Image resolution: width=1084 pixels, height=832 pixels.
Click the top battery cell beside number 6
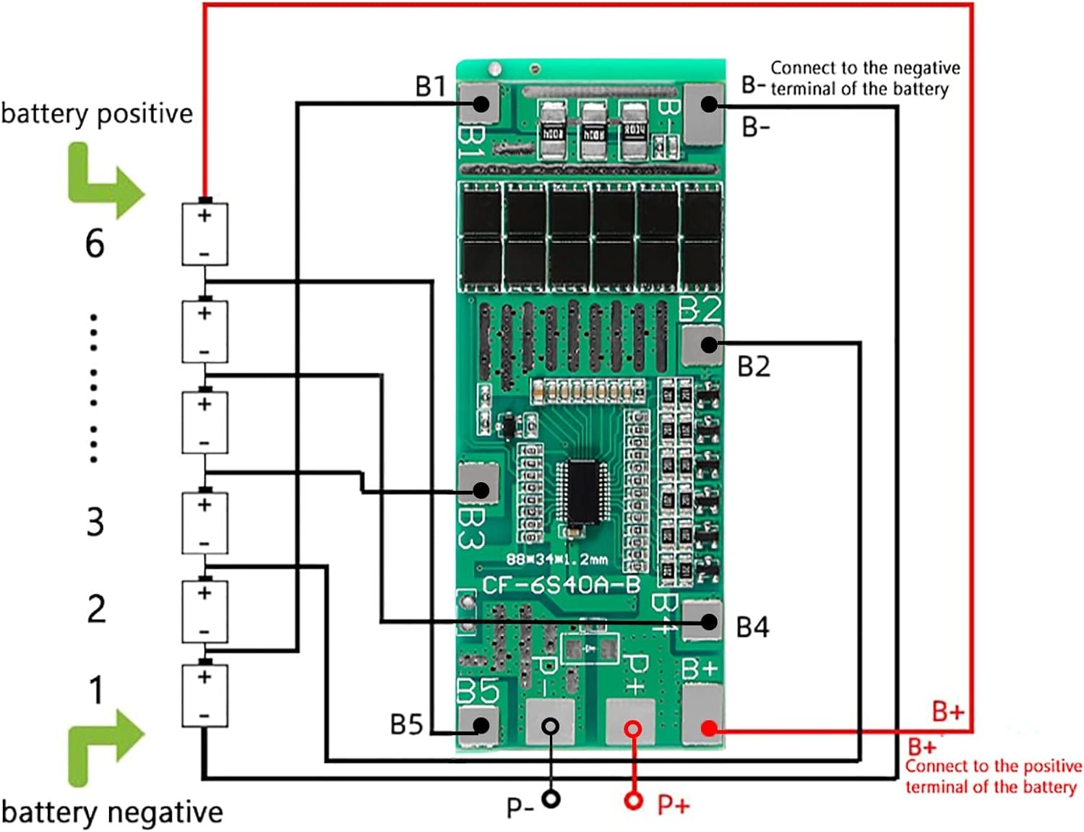pyautogui.click(x=205, y=234)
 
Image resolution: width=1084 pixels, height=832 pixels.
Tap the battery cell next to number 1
pyautogui.click(x=205, y=695)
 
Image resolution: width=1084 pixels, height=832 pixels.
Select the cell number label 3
pyautogui.click(x=95, y=521)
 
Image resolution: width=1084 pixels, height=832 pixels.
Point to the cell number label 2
pyautogui.click(x=96, y=609)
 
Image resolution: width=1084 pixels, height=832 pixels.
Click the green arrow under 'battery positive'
pyautogui.click(x=104, y=180)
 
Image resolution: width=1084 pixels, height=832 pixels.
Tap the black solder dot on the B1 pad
pyautogui.click(x=480, y=103)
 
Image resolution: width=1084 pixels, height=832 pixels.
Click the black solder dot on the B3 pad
pyautogui.click(x=481, y=491)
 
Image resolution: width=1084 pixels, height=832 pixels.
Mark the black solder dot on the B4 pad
pyautogui.click(x=709, y=622)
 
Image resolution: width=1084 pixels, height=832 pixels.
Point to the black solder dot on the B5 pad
pyautogui.click(x=481, y=725)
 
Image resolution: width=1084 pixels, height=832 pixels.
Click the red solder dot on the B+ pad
pyautogui.click(x=709, y=728)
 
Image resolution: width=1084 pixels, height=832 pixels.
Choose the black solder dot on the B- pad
pyautogui.click(x=709, y=104)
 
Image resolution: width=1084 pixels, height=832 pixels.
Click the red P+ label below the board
pyautogui.click(x=674, y=805)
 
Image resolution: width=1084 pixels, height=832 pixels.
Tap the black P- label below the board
pyautogui.click(x=520, y=806)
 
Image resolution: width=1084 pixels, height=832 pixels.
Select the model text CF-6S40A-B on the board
pyautogui.click(x=561, y=585)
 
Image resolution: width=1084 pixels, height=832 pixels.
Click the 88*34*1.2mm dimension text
pyautogui.click(x=556, y=559)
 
